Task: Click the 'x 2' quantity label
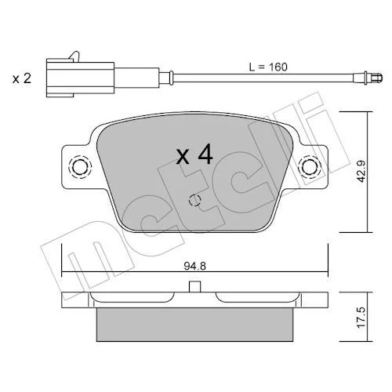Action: click(x=22, y=78)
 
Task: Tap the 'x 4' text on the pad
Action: click(x=194, y=155)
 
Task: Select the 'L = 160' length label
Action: click(x=268, y=67)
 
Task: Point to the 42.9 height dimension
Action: click(x=361, y=171)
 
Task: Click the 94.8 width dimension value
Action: click(x=194, y=267)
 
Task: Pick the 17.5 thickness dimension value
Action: click(x=361, y=318)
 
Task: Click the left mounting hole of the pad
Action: click(x=80, y=167)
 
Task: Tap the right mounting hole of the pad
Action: click(x=310, y=167)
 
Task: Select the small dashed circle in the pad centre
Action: click(x=194, y=201)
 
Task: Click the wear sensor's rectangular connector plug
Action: click(x=80, y=78)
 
